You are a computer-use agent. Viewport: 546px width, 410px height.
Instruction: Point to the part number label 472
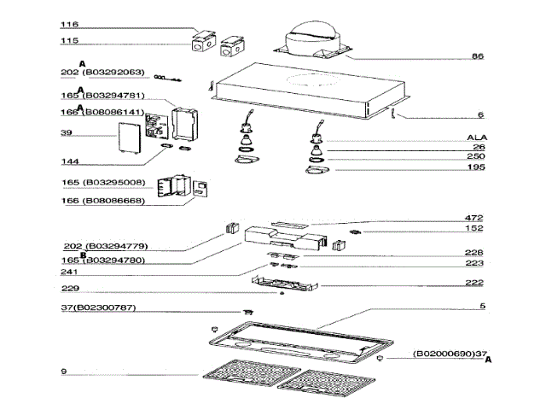coord(474,218)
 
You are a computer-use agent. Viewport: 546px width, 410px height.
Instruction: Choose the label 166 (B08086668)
coord(102,201)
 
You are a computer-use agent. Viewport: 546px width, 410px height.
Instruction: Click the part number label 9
coord(65,371)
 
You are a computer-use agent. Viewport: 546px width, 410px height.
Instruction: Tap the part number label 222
coord(474,284)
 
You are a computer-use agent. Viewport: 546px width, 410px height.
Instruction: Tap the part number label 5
coord(482,306)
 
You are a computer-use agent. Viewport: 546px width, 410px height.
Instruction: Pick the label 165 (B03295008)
coord(102,183)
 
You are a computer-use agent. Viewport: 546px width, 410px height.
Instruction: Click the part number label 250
coord(475,157)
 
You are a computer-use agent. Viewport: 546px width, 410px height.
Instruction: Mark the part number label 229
coord(73,288)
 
